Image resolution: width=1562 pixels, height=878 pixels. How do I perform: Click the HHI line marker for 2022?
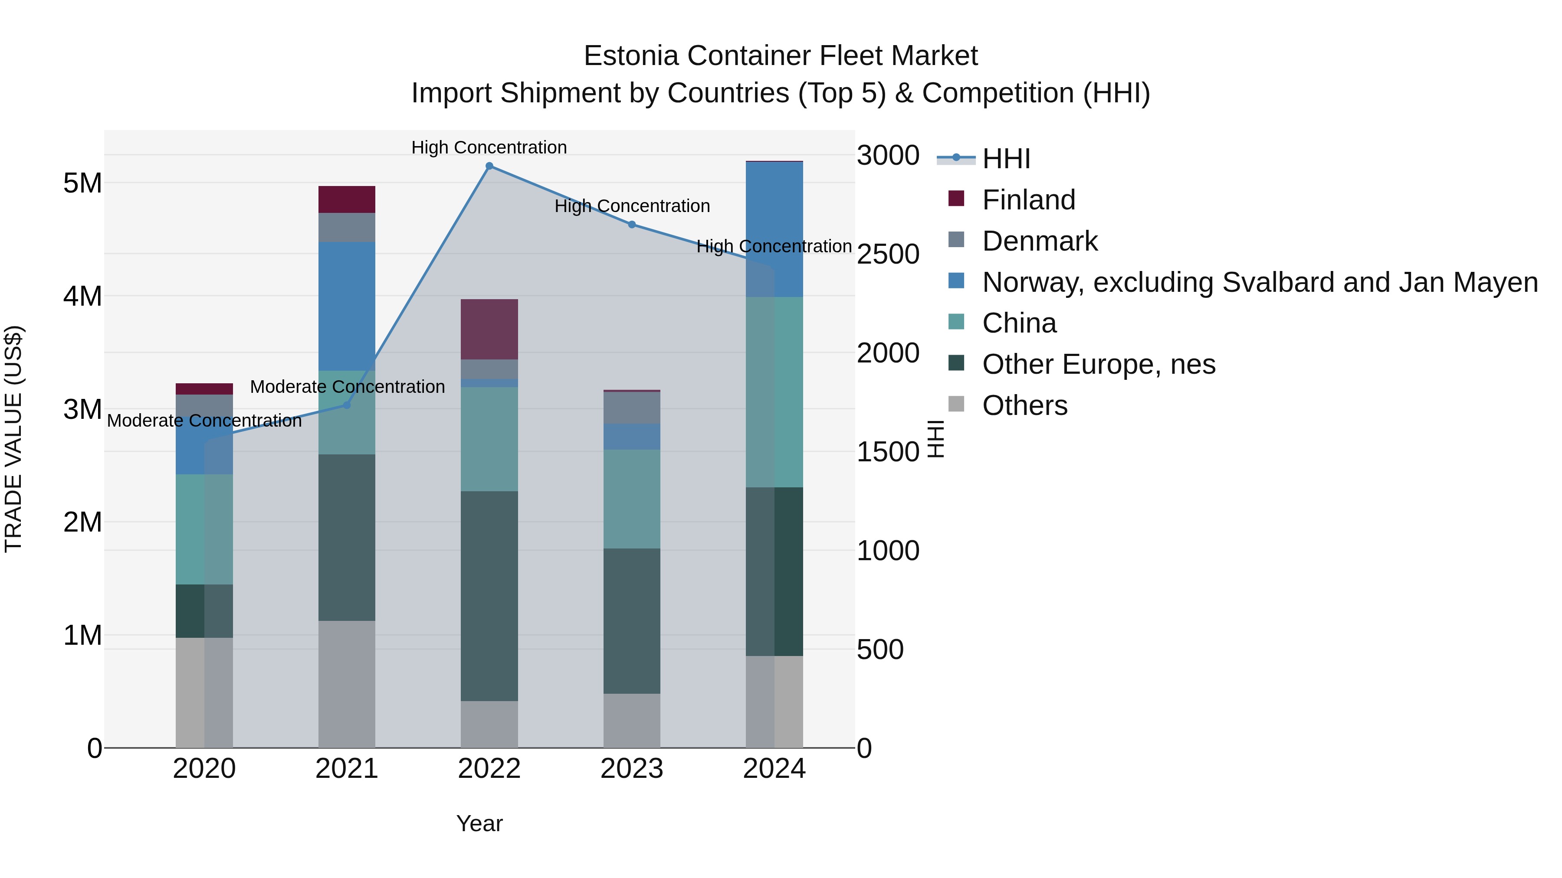[x=489, y=166]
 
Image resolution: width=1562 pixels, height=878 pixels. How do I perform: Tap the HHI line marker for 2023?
[x=632, y=225]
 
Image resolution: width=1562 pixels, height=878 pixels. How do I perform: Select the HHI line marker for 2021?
[x=347, y=405]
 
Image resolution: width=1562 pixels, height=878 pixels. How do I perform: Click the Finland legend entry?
[x=1028, y=200]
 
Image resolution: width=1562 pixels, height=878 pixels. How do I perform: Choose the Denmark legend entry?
[x=1039, y=241]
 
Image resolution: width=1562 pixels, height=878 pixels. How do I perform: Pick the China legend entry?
[x=1019, y=323]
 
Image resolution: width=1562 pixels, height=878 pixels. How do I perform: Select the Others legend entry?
[x=1024, y=405]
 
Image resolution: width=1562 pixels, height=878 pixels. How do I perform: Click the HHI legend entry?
[x=1005, y=159]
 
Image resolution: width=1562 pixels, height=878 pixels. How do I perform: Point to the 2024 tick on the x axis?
[x=774, y=769]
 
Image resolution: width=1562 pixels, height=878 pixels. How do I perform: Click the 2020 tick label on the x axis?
[x=204, y=769]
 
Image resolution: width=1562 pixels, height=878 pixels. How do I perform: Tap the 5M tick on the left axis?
[x=82, y=183]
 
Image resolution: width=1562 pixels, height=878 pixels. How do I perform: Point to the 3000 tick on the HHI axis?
[x=888, y=156]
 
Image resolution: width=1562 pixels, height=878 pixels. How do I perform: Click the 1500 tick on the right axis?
[x=888, y=452]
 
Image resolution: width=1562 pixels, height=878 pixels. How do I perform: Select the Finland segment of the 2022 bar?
[x=489, y=329]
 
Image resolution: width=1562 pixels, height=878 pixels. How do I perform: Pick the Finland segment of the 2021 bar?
[x=347, y=199]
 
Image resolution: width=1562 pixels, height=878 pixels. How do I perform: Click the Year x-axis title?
[x=479, y=823]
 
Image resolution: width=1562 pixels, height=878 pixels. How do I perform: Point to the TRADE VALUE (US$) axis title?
[x=13, y=439]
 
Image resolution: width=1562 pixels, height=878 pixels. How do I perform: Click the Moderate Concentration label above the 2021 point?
[x=348, y=387]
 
